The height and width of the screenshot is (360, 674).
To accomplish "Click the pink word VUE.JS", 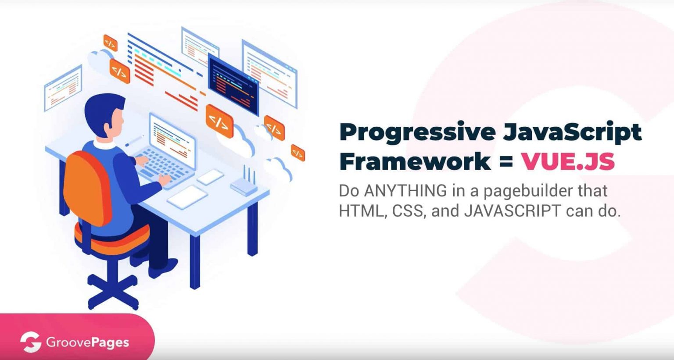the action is (x=568, y=161).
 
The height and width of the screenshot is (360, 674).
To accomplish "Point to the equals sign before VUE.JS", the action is (x=506, y=162).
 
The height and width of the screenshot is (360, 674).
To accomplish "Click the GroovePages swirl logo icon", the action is (x=30, y=342).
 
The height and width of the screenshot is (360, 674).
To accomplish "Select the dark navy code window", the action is (x=233, y=85).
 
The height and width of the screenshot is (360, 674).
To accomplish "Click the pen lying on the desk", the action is (x=134, y=141).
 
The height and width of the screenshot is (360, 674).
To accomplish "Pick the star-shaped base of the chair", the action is (x=113, y=291).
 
